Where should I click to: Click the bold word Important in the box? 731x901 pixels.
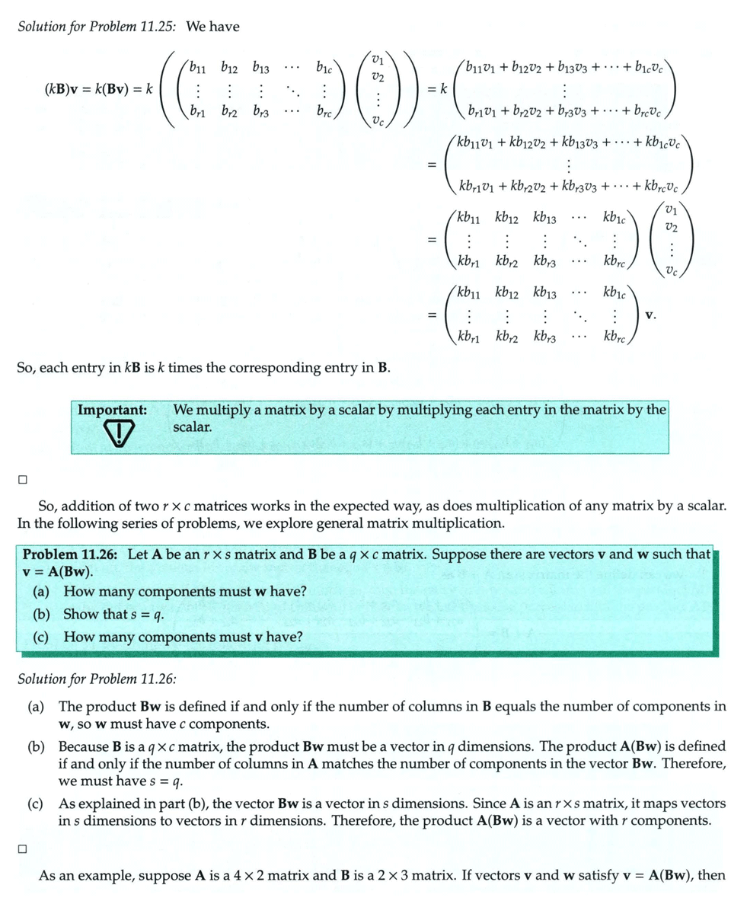(112, 410)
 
